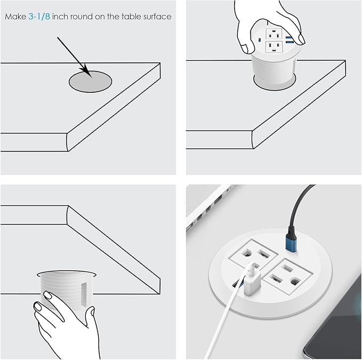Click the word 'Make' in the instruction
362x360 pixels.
coord(15,17)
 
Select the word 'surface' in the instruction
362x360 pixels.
coord(157,17)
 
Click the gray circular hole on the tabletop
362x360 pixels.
coord(91,82)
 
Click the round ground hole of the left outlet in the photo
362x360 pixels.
coord(247,255)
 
